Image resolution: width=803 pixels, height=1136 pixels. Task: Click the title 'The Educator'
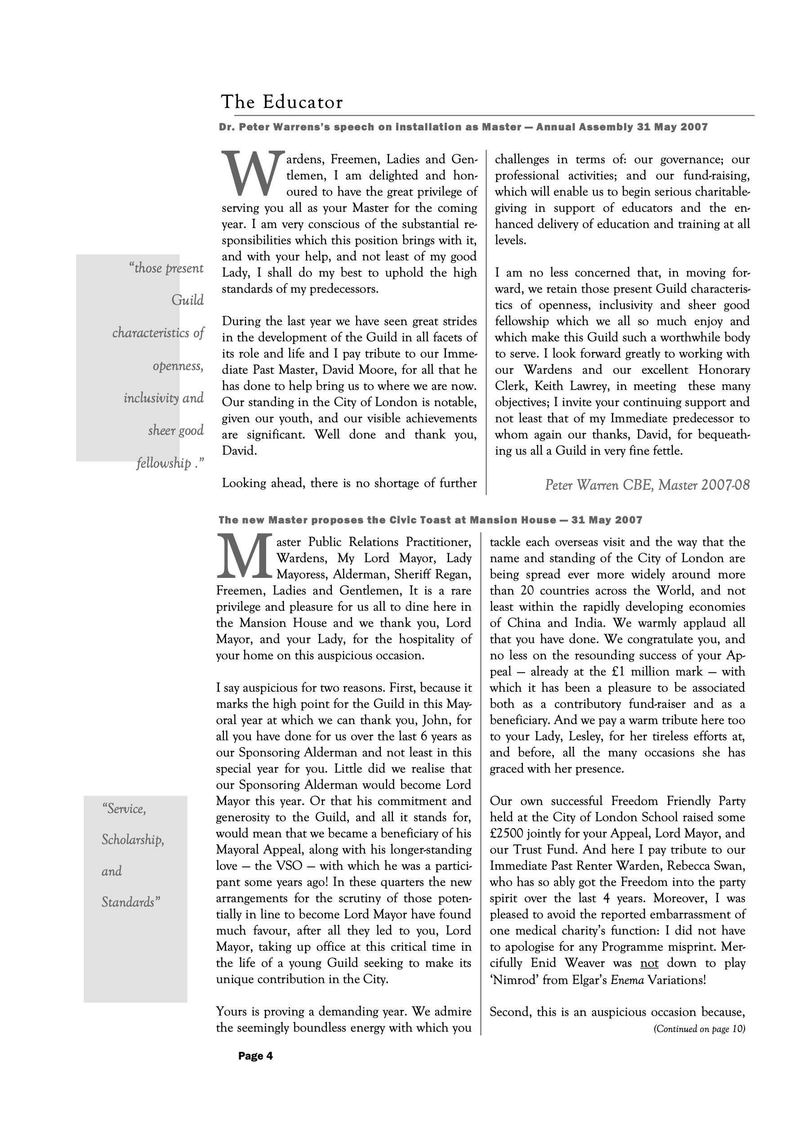pos(281,102)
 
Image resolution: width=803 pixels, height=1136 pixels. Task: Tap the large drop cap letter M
pos(245,557)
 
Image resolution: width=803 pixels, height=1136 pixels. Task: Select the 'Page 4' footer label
pos(255,1056)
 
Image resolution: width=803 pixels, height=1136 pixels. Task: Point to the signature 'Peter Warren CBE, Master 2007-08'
pos(647,485)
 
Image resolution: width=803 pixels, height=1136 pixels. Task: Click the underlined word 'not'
pos(649,963)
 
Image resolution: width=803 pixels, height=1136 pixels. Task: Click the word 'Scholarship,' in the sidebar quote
pos(133,840)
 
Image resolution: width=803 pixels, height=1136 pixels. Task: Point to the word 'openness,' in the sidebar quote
pos(178,366)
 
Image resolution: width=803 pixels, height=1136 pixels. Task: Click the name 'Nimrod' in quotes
pos(514,979)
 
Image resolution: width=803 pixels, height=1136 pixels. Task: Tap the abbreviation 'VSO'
pos(290,866)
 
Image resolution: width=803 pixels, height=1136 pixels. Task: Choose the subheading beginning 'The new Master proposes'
pos(430,520)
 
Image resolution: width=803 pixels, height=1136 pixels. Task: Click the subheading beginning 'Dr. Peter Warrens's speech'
pos(463,127)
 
